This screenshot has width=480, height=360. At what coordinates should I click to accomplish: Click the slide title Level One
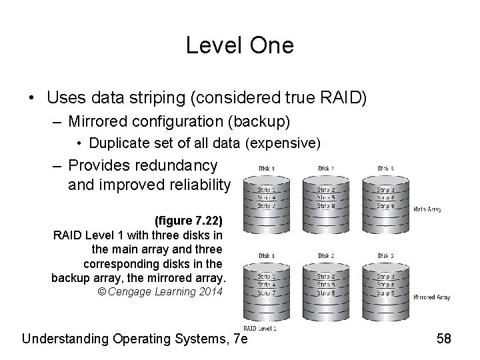tap(239, 45)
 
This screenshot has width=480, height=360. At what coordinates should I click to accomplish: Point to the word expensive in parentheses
tap(291, 143)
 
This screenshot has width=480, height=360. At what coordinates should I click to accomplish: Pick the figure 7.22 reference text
tap(189, 220)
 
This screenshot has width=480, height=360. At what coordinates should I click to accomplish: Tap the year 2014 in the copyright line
tap(209, 291)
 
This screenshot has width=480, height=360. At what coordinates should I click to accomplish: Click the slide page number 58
tap(443, 338)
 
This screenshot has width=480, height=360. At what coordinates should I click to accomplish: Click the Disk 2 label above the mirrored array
tap(327, 255)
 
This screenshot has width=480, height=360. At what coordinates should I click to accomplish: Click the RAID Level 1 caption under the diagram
tap(260, 328)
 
